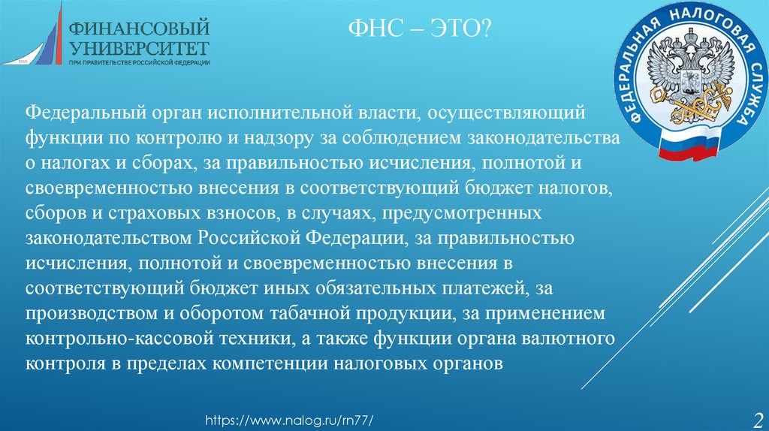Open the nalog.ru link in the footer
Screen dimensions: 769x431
(x=289, y=420)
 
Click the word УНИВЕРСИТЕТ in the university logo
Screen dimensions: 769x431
(x=139, y=49)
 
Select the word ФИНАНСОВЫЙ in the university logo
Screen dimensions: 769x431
(x=139, y=28)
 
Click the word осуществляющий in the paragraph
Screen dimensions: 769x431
(x=506, y=113)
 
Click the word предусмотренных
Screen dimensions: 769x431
(x=462, y=213)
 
